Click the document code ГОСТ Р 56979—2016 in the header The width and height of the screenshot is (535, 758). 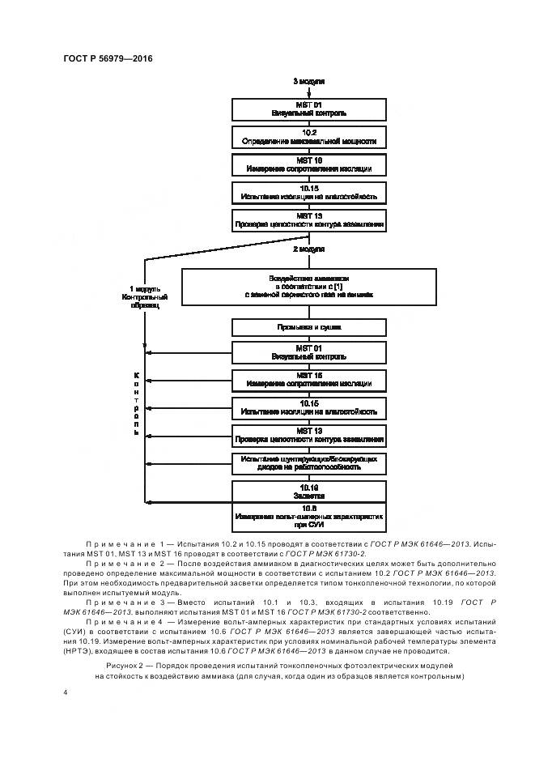pos(108,58)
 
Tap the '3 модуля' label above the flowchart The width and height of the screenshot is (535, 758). pos(308,83)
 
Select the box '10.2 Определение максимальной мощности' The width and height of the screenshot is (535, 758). pos(308,136)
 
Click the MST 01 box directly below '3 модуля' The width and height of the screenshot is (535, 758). pos(308,109)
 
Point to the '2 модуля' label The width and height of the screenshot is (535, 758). pos(308,249)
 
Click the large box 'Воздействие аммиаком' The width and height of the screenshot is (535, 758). pos(308,287)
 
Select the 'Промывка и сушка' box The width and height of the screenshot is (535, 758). pos(308,327)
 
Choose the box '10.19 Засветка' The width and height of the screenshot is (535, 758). pos(308,491)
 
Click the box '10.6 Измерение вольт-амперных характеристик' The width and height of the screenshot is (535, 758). pos(308,517)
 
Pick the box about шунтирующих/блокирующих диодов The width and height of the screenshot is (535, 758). pos(308,463)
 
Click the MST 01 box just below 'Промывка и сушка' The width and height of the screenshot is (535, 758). pos(308,352)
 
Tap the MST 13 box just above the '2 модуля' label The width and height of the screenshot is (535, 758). pos(308,219)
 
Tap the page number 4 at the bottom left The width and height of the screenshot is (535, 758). pos(66,693)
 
